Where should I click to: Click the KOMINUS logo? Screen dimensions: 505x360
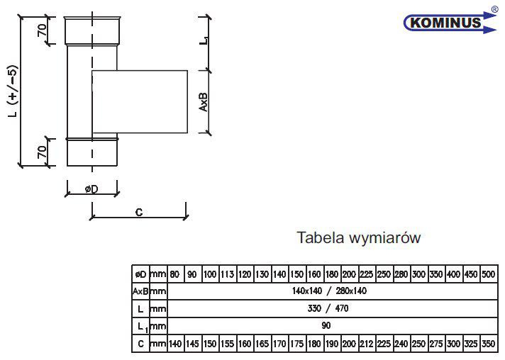click(450, 22)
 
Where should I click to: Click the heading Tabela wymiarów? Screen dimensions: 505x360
click(358, 237)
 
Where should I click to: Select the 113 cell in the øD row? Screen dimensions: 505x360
click(228, 274)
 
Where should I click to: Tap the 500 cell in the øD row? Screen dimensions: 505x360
click(488, 274)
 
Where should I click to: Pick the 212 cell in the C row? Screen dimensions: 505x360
click(367, 344)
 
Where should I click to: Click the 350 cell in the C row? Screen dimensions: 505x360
click(488, 344)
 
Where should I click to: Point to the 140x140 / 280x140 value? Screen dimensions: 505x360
click(329, 291)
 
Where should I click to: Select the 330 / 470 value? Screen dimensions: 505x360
click(328, 308)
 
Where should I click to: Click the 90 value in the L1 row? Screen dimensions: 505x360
click(326, 325)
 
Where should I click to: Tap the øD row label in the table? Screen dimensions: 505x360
click(140, 274)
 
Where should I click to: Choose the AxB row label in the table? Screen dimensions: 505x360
click(140, 291)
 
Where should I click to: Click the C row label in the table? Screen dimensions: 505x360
click(140, 344)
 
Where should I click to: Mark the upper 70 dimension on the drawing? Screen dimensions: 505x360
click(42, 30)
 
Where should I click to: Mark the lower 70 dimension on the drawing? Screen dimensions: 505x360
click(42, 152)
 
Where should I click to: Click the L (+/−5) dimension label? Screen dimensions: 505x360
click(13, 91)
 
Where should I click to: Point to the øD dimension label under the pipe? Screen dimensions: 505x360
click(91, 189)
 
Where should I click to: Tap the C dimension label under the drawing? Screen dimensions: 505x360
click(139, 212)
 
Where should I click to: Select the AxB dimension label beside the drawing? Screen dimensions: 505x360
click(204, 102)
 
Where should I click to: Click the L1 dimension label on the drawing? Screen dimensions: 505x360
click(204, 40)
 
